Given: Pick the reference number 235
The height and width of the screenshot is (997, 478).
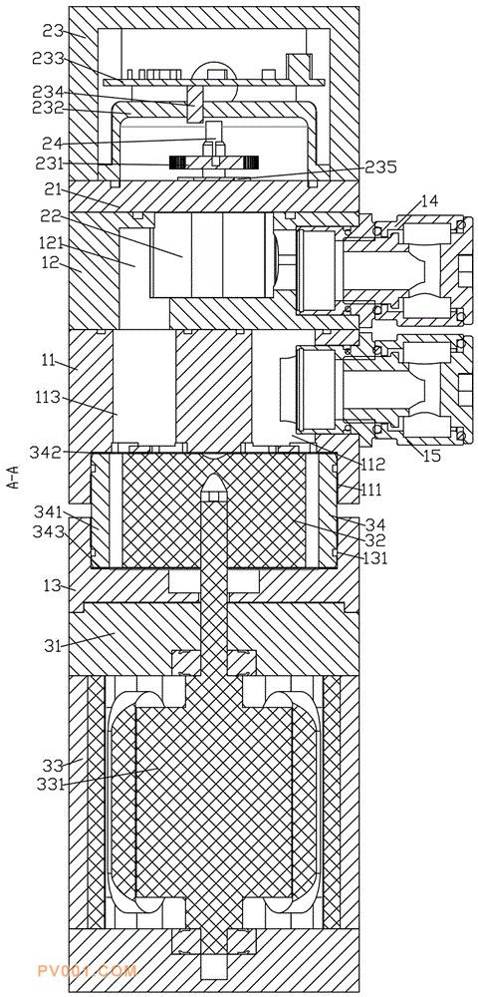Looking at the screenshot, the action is tap(380, 166).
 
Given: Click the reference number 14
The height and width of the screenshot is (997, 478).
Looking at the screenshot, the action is tap(428, 202).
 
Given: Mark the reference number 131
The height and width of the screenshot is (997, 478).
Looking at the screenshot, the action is tap(375, 557).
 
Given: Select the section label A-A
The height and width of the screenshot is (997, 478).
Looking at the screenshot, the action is tap(13, 477).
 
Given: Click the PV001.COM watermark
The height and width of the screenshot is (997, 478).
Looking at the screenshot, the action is tap(87, 971).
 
